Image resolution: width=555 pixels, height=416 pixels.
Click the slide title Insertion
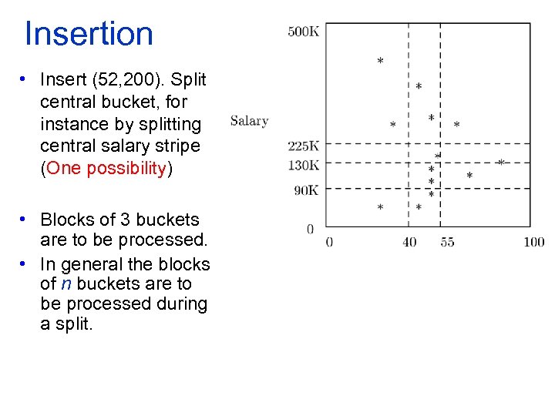pyautogui.click(x=89, y=34)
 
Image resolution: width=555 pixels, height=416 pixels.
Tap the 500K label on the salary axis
pyautogui.click(x=303, y=32)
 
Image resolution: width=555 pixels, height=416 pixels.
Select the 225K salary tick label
pyautogui.click(x=303, y=146)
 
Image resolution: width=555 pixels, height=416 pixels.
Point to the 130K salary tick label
pyautogui.click(x=303, y=164)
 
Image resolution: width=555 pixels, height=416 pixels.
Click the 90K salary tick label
pyautogui.click(x=305, y=190)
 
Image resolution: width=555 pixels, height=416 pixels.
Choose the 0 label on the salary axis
pyautogui.click(x=310, y=229)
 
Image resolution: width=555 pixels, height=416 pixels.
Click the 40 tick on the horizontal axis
pyautogui.click(x=409, y=242)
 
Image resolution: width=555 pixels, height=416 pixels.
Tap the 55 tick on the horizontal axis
pyautogui.click(x=447, y=242)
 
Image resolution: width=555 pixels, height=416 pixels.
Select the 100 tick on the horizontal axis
pyautogui.click(x=533, y=242)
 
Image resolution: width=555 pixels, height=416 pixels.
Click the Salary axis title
pyautogui.click(x=249, y=120)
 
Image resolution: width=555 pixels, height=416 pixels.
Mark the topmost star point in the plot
pyautogui.click(x=380, y=61)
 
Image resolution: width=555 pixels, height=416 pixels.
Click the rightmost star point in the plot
pyautogui.click(x=500, y=163)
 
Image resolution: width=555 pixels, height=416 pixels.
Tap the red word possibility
pyautogui.click(x=126, y=169)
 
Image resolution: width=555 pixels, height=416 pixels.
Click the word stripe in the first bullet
pyautogui.click(x=177, y=146)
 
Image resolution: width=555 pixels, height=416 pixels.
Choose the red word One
pyautogui.click(x=64, y=169)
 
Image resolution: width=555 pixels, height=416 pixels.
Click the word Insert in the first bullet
pyautogui.click(x=62, y=80)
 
